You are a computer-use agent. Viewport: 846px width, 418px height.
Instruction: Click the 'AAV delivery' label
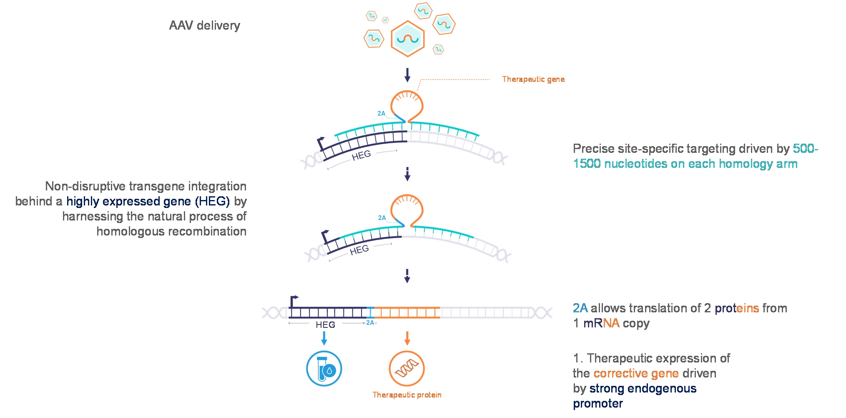pyautogui.click(x=204, y=25)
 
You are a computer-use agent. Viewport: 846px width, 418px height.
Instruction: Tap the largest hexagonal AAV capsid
pyautogui.click(x=407, y=39)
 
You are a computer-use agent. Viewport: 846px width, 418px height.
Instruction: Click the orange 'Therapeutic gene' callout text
pyautogui.click(x=533, y=79)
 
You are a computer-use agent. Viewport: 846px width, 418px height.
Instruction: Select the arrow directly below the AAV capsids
pyautogui.click(x=407, y=75)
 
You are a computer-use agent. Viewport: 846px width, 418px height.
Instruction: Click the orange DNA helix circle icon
pyautogui.click(x=407, y=369)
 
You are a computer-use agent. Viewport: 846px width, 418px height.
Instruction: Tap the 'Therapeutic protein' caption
pyautogui.click(x=407, y=395)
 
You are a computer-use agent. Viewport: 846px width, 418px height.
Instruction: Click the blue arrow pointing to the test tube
pyautogui.click(x=324, y=338)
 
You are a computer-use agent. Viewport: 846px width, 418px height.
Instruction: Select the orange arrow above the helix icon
pyautogui.click(x=407, y=338)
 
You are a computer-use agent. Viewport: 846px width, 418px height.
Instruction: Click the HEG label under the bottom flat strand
pyautogui.click(x=325, y=325)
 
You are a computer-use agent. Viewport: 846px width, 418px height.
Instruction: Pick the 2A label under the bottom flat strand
pyautogui.click(x=370, y=323)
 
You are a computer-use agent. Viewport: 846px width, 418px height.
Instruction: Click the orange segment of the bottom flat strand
pyautogui.click(x=407, y=312)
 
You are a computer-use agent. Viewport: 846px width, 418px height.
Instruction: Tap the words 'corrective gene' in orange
pyautogui.click(x=636, y=373)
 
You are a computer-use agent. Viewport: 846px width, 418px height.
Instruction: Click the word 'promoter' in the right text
pyautogui.click(x=597, y=403)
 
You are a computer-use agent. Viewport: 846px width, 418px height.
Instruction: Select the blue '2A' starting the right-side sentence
pyautogui.click(x=580, y=308)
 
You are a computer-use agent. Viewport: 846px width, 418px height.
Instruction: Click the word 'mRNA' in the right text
pyautogui.click(x=601, y=323)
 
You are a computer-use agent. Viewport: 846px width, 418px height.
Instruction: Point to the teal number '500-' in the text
pyautogui.click(x=805, y=149)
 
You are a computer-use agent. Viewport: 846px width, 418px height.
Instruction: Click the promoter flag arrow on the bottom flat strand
pyautogui.click(x=294, y=299)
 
